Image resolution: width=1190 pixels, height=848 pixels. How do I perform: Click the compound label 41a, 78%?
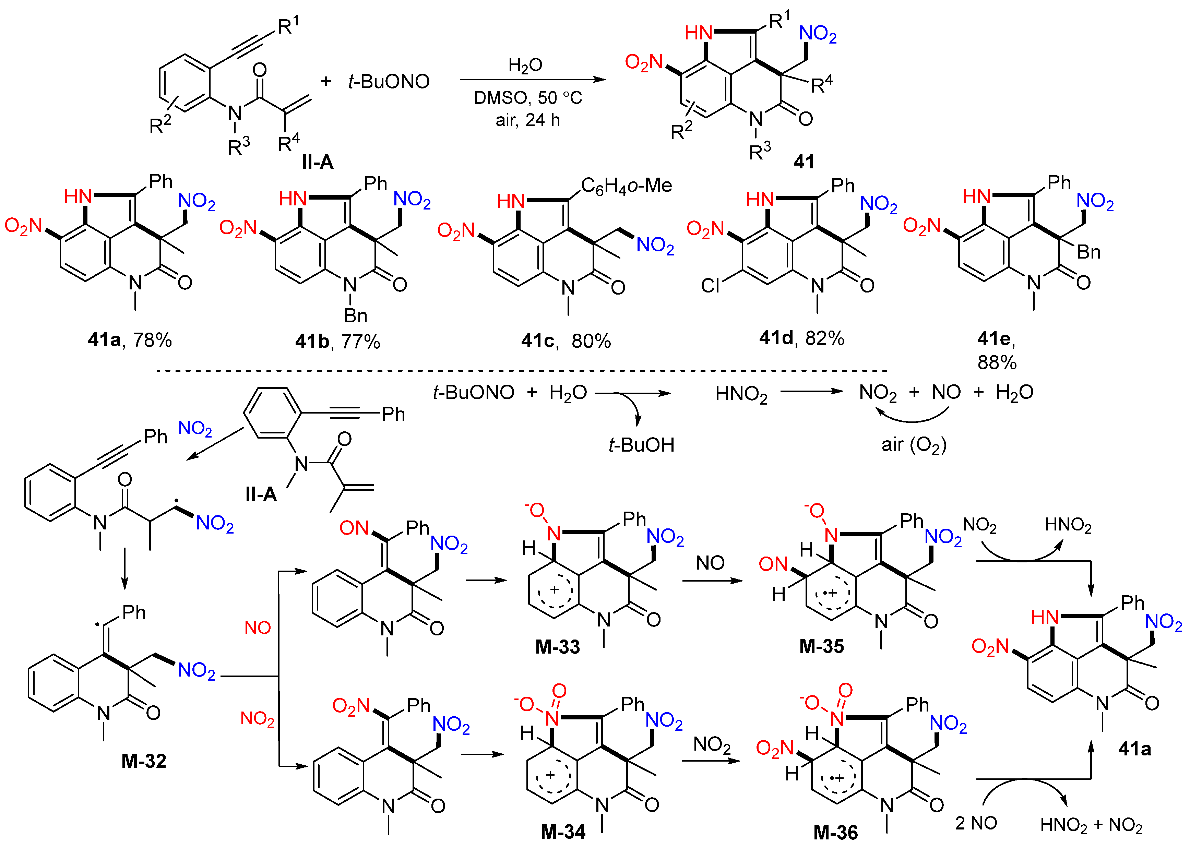click(x=130, y=340)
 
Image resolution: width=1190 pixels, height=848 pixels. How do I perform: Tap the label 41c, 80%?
click(x=566, y=341)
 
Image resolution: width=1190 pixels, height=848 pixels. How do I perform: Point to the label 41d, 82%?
click(x=801, y=338)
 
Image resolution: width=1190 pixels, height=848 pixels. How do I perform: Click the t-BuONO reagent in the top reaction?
click(x=389, y=82)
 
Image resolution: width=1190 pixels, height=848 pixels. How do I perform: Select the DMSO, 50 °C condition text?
click(x=527, y=98)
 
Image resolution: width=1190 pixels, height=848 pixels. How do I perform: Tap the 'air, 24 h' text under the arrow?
click(x=527, y=120)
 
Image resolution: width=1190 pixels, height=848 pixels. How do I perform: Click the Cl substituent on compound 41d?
click(x=710, y=286)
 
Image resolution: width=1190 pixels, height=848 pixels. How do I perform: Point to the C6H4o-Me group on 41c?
click(x=626, y=186)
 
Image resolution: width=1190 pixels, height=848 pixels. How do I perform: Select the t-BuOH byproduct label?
click(x=641, y=445)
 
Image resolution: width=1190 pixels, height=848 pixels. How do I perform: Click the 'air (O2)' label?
click(x=914, y=445)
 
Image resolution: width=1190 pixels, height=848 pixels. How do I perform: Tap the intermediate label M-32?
click(x=144, y=761)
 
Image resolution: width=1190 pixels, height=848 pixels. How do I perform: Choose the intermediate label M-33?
click(x=557, y=647)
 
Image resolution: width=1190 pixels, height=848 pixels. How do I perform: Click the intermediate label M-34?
click(x=563, y=831)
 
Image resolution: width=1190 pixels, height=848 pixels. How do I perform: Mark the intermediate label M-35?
click(x=821, y=646)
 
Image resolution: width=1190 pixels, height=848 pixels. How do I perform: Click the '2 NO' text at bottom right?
click(x=975, y=823)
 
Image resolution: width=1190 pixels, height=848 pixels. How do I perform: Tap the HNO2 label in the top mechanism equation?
click(x=741, y=394)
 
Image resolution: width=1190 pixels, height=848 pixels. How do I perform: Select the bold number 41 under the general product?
click(x=804, y=162)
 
